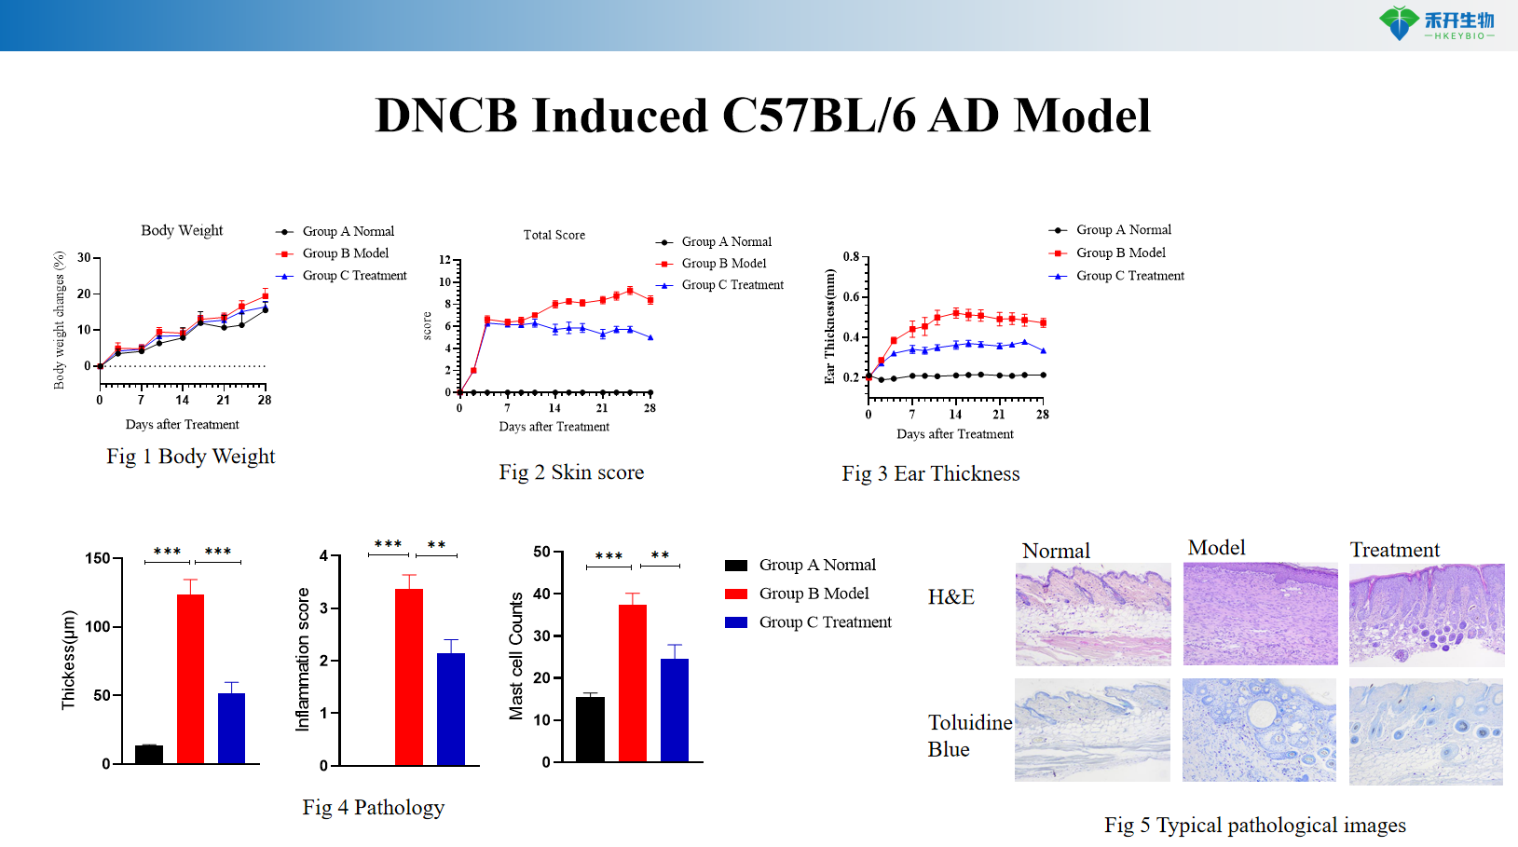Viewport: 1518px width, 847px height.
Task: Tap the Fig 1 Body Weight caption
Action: pos(190,457)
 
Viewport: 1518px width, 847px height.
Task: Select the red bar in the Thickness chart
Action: pos(190,678)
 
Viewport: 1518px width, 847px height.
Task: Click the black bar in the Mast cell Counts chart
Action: pos(590,729)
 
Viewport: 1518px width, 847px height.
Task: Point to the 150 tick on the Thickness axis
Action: pos(98,558)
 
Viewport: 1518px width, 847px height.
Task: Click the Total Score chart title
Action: pos(554,235)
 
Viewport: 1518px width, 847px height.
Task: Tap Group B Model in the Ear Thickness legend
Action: pos(1120,253)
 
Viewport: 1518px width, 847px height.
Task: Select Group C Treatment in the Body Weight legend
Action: pos(354,276)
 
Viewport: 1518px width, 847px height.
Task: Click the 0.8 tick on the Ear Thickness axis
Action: pos(851,256)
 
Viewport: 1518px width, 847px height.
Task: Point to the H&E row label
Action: pos(950,596)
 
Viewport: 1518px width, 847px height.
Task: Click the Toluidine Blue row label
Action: pos(969,735)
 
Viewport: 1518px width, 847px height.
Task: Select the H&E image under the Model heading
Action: pos(1260,614)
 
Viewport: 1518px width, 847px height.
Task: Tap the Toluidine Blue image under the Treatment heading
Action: pos(1426,731)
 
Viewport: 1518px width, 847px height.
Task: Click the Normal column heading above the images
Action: pos(1056,551)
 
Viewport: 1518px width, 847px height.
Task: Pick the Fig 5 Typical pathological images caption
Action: pos(1254,825)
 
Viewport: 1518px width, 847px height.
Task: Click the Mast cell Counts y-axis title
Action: pos(515,657)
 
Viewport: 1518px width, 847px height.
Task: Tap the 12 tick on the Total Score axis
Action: pos(444,260)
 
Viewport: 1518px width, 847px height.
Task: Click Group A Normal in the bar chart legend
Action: pos(816,565)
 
